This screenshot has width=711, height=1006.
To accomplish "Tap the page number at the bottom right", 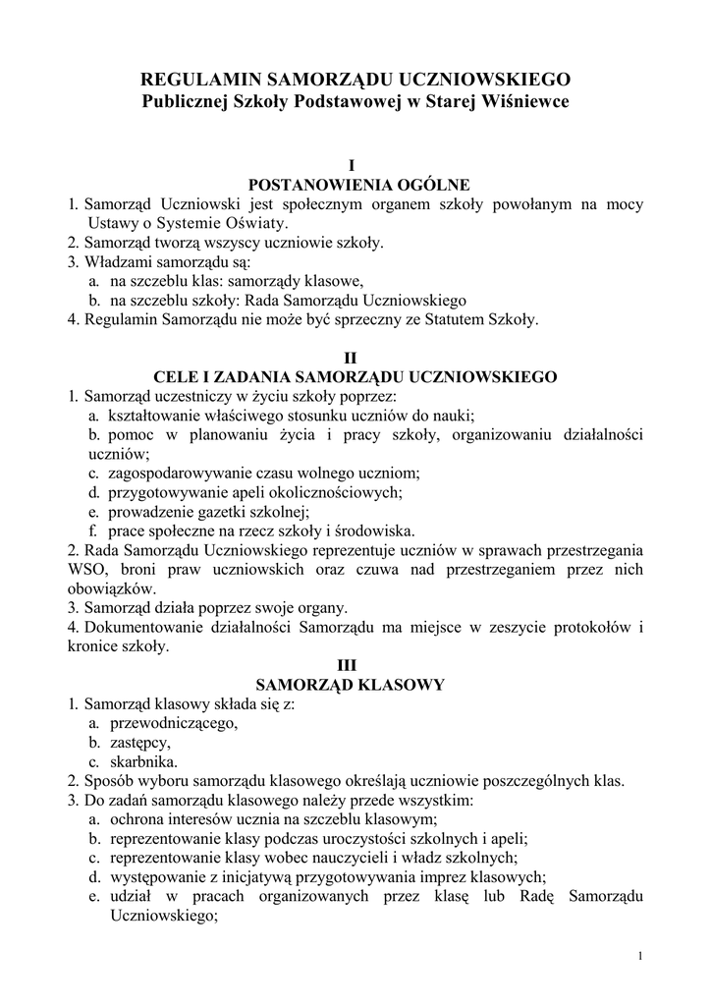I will click(x=639, y=956).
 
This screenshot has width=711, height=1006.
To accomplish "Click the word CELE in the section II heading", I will click(x=177, y=376).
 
